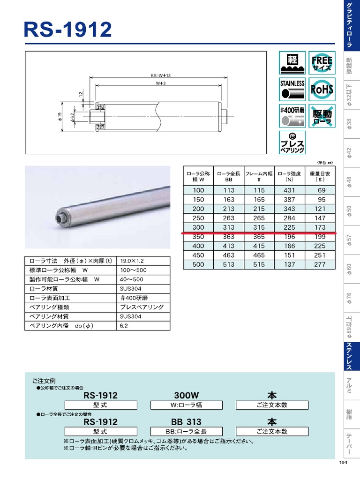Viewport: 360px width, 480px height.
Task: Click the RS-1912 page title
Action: pos(68,30)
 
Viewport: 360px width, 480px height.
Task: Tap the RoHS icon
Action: pos(322,89)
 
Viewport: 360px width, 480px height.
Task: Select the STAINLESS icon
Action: pos(292,89)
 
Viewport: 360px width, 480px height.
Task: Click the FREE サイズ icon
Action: pos(322,63)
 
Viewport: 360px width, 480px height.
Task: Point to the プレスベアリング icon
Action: pos(292,142)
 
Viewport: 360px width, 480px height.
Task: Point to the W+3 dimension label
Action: pos(161,84)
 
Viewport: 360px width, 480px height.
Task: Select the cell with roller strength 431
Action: pos(290,190)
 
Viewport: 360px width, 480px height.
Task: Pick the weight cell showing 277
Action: pos(320,265)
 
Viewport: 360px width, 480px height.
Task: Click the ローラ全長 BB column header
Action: pos(229,176)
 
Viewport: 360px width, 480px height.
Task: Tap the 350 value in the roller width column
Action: pos(198,237)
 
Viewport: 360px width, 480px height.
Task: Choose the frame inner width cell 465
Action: pos(259,255)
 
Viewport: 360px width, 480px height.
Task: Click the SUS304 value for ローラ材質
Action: pos(131,289)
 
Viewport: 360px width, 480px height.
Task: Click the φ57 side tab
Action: pos(349,240)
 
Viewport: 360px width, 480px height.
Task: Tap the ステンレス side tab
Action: pos(349,357)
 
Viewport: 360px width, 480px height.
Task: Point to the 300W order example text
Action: pos(187,395)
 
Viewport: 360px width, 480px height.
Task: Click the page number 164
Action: pos(343,463)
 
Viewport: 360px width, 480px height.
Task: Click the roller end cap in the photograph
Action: pos(60,217)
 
